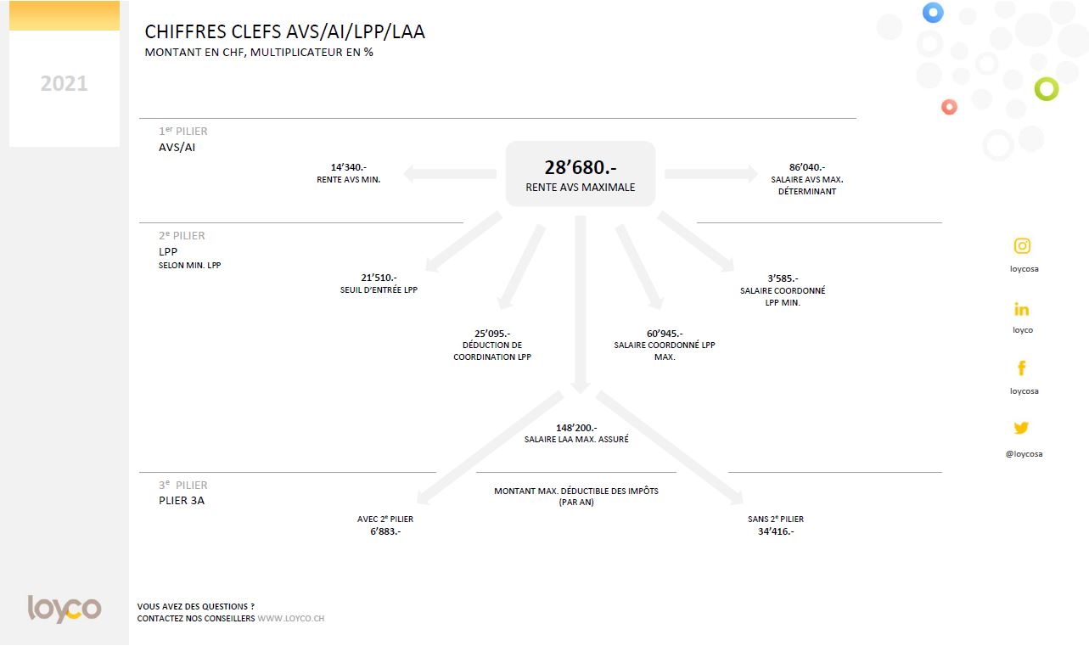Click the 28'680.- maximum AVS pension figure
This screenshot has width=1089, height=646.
(580, 168)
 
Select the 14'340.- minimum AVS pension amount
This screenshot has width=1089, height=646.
(348, 167)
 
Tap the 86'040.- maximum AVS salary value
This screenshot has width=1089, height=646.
(806, 167)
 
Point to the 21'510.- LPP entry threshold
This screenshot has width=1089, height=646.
(379, 278)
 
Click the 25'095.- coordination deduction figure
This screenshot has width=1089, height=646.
(492, 334)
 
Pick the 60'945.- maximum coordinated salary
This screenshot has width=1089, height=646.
(665, 334)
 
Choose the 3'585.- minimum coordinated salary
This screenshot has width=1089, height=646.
(782, 278)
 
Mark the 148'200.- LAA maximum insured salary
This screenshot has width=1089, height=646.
(576, 428)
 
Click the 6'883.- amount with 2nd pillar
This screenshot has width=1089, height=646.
(385, 531)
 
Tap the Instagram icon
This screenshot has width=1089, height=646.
(1022, 246)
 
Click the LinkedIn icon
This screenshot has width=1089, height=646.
(1022, 310)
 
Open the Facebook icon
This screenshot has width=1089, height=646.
(1022, 368)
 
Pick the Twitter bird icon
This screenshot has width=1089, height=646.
(1021, 428)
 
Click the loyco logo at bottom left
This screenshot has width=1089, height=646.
(65, 608)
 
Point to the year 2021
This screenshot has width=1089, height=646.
(65, 83)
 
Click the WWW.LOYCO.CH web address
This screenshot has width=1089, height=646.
(290, 619)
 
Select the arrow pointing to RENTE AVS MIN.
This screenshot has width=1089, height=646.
(450, 174)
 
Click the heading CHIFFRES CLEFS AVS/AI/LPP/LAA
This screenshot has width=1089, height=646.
(285, 32)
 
